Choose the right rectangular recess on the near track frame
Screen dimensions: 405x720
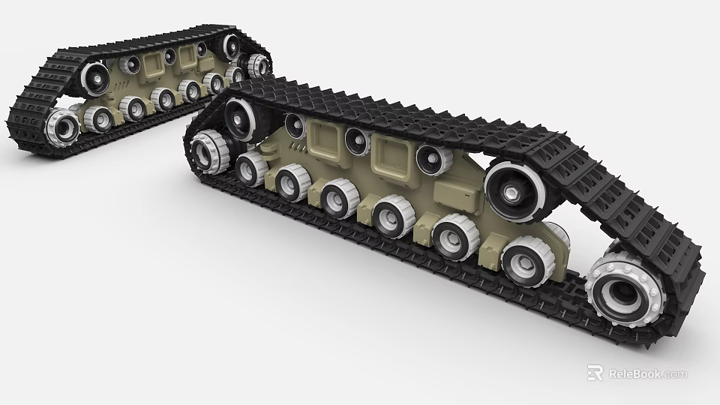pyautogui.click(x=393, y=154)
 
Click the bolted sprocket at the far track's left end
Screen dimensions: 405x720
pyautogui.click(x=61, y=125)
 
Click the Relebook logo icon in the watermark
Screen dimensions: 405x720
pyautogui.click(x=595, y=373)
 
